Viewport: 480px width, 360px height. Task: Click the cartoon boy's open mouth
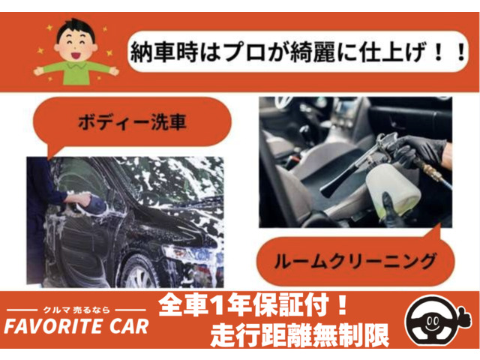coord(76,55)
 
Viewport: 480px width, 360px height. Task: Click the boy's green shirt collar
coord(76,65)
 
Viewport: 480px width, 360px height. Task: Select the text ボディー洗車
coord(132,122)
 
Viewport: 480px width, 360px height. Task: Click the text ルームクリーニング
coord(355,261)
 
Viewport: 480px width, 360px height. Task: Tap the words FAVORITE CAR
coord(76,326)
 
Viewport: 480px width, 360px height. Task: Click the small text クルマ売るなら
coord(76,310)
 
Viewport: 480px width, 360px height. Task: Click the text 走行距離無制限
coord(300,335)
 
